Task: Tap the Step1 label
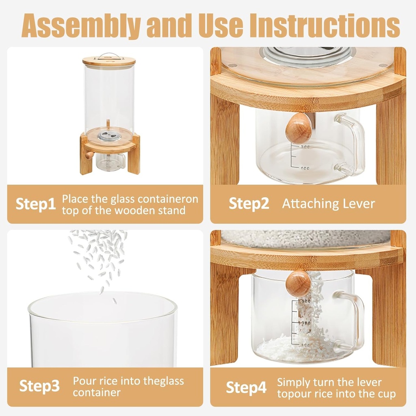[36, 204]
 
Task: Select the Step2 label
[249, 204]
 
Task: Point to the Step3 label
[39, 386]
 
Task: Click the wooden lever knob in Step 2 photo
[299, 128]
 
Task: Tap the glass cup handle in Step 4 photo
[353, 319]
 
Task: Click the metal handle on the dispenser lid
[108, 55]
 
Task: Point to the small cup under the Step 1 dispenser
[110, 162]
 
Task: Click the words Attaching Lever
[328, 204]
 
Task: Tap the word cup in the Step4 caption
[385, 394]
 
